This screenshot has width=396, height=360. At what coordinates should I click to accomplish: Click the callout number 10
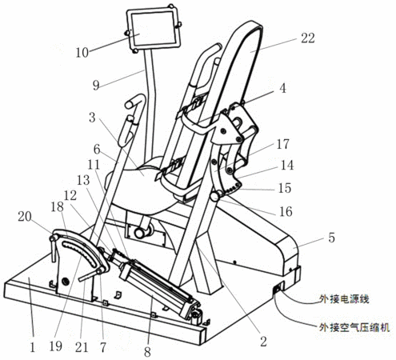pyautogui.click(x=82, y=53)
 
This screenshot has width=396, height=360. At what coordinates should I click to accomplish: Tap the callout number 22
pyautogui.click(x=308, y=38)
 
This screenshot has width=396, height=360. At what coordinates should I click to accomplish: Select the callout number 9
pyautogui.click(x=96, y=86)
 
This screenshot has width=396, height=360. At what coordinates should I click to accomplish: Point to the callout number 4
pyautogui.click(x=282, y=88)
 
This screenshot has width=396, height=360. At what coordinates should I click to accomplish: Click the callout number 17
pyautogui.click(x=282, y=144)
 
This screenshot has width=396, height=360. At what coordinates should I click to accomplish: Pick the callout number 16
pyautogui.click(x=286, y=212)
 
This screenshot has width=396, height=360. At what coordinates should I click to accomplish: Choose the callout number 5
pyautogui.click(x=331, y=238)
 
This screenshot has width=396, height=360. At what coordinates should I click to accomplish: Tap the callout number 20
pyautogui.click(x=25, y=216)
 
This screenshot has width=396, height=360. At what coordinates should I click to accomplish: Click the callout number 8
pyautogui.click(x=147, y=351)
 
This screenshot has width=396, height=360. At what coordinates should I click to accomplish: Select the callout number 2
pyautogui.click(x=263, y=342)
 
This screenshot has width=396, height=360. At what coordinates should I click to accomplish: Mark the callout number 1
pyautogui.click(x=33, y=347)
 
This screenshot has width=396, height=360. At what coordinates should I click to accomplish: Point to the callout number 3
pyautogui.click(x=92, y=118)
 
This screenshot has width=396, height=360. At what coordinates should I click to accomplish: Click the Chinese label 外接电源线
pyautogui.click(x=344, y=299)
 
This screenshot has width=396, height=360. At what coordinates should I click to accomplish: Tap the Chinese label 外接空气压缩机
pyautogui.click(x=354, y=327)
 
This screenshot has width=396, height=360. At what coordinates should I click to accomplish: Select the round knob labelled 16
pyautogui.click(x=215, y=197)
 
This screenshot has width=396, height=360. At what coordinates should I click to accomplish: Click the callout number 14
pyautogui.click(x=287, y=166)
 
